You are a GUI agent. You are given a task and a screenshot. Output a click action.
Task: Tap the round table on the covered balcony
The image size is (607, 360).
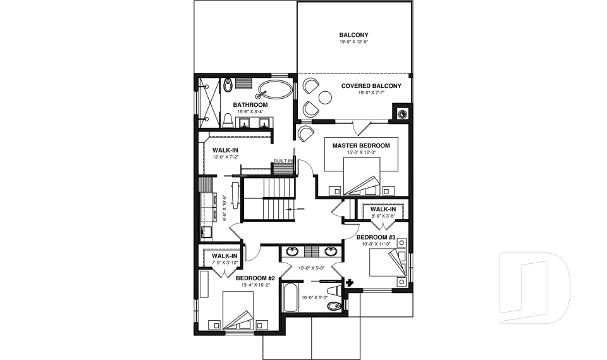[326, 97]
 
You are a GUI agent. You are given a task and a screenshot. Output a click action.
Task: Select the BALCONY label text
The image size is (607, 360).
[353, 35]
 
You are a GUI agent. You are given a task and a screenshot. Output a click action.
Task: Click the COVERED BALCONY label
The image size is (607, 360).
[371, 86]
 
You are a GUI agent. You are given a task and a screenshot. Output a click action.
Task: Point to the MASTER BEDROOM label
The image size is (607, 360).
[361, 146]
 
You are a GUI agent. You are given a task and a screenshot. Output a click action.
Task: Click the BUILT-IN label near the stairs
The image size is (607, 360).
[283, 161]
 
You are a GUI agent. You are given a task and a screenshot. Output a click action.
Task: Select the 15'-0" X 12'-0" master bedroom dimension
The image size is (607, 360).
[361, 152]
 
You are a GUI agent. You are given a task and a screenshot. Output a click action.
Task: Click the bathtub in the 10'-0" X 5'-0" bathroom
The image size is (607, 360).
[290, 298]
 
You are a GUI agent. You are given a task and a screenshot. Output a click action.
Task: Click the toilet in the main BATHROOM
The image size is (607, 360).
[228, 118]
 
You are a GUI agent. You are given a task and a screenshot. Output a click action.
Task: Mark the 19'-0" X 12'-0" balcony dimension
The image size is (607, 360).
[353, 42]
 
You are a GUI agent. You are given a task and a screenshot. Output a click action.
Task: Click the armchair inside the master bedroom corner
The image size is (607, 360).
[306, 133]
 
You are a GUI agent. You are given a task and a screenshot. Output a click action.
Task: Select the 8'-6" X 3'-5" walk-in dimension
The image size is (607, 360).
[383, 216]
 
